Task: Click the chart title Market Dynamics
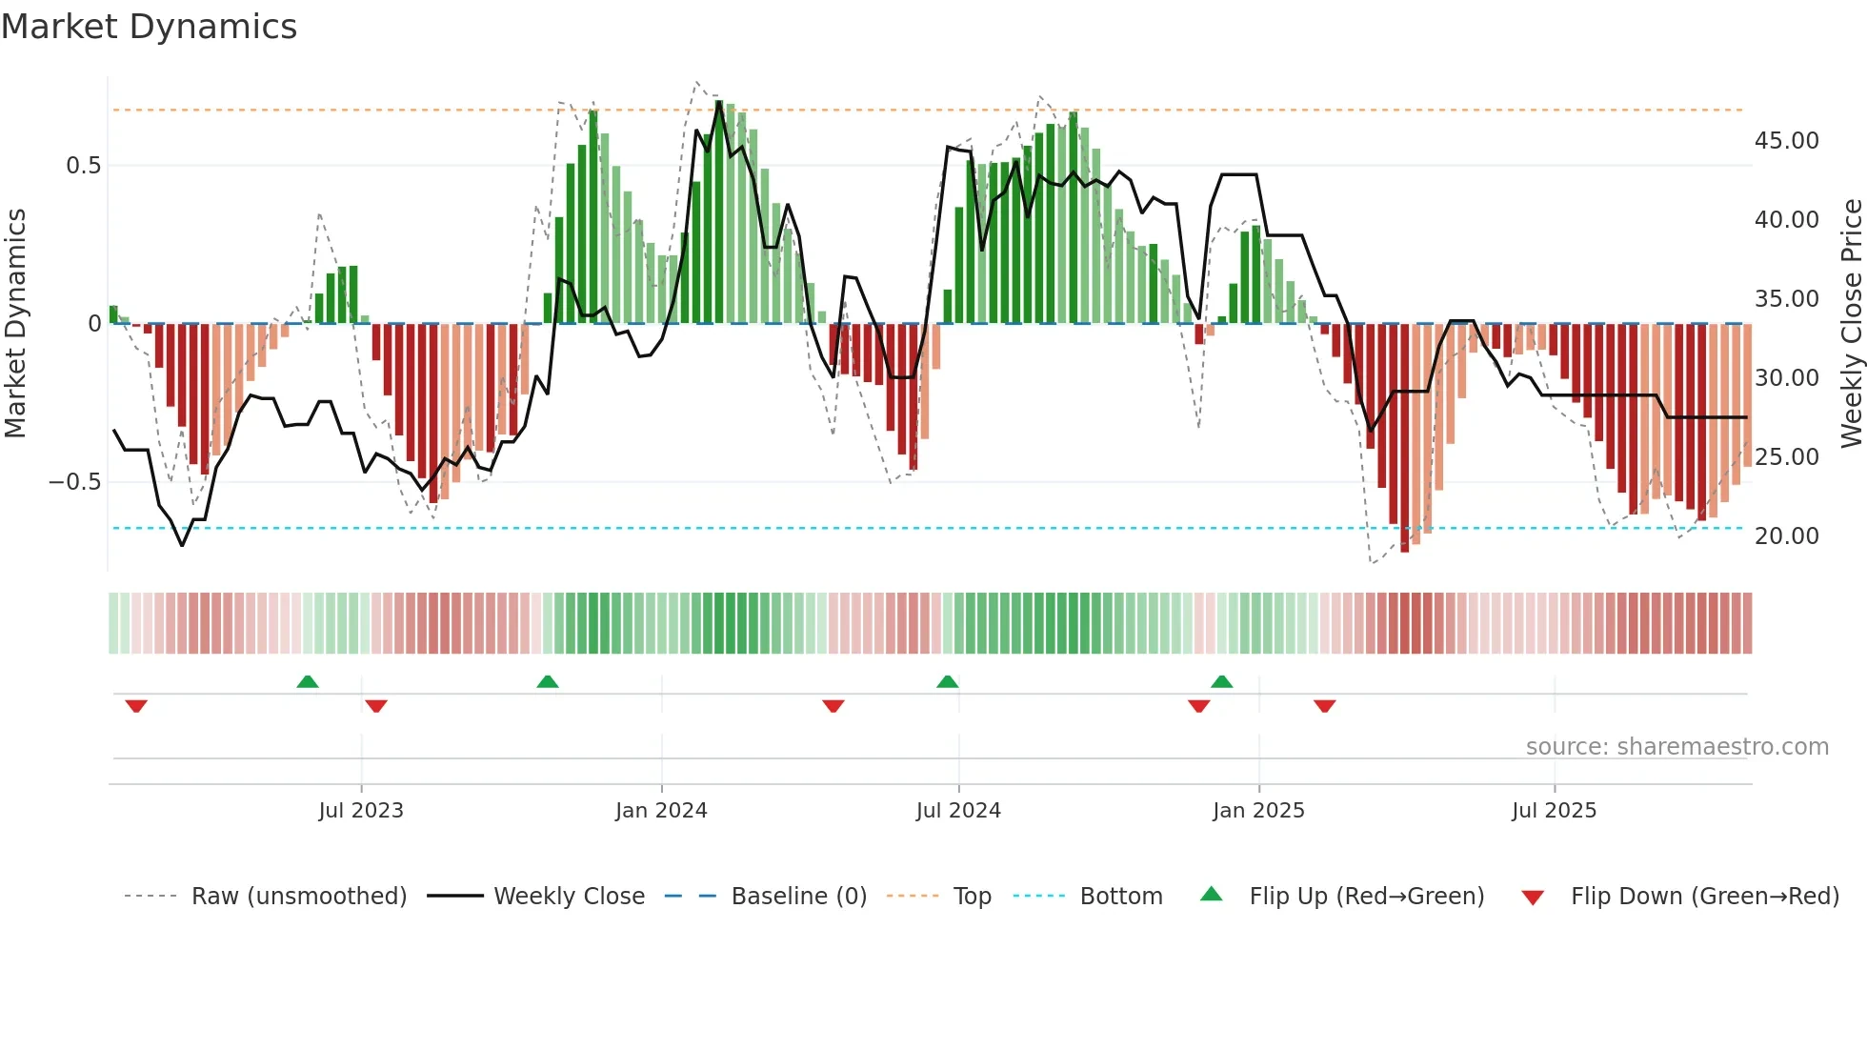pyautogui.click(x=149, y=27)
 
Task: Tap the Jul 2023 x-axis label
pyautogui.click(x=361, y=811)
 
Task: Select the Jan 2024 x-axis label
pyautogui.click(x=661, y=811)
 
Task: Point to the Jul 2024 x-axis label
pyautogui.click(x=958, y=811)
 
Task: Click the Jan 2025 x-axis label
pyautogui.click(x=1258, y=811)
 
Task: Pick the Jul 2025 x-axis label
pyautogui.click(x=1554, y=811)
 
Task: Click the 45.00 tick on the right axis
pyautogui.click(x=1786, y=141)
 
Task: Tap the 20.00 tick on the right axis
pyautogui.click(x=1786, y=536)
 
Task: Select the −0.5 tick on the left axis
pyautogui.click(x=74, y=482)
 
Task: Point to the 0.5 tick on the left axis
pyautogui.click(x=83, y=166)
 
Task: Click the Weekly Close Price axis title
pyautogui.click(x=1851, y=323)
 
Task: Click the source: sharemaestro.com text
pyautogui.click(x=1676, y=747)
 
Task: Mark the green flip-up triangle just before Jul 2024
pyautogui.click(x=947, y=681)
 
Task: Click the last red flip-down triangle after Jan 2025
pyautogui.click(x=1324, y=706)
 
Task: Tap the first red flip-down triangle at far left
pyautogui.click(x=136, y=706)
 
